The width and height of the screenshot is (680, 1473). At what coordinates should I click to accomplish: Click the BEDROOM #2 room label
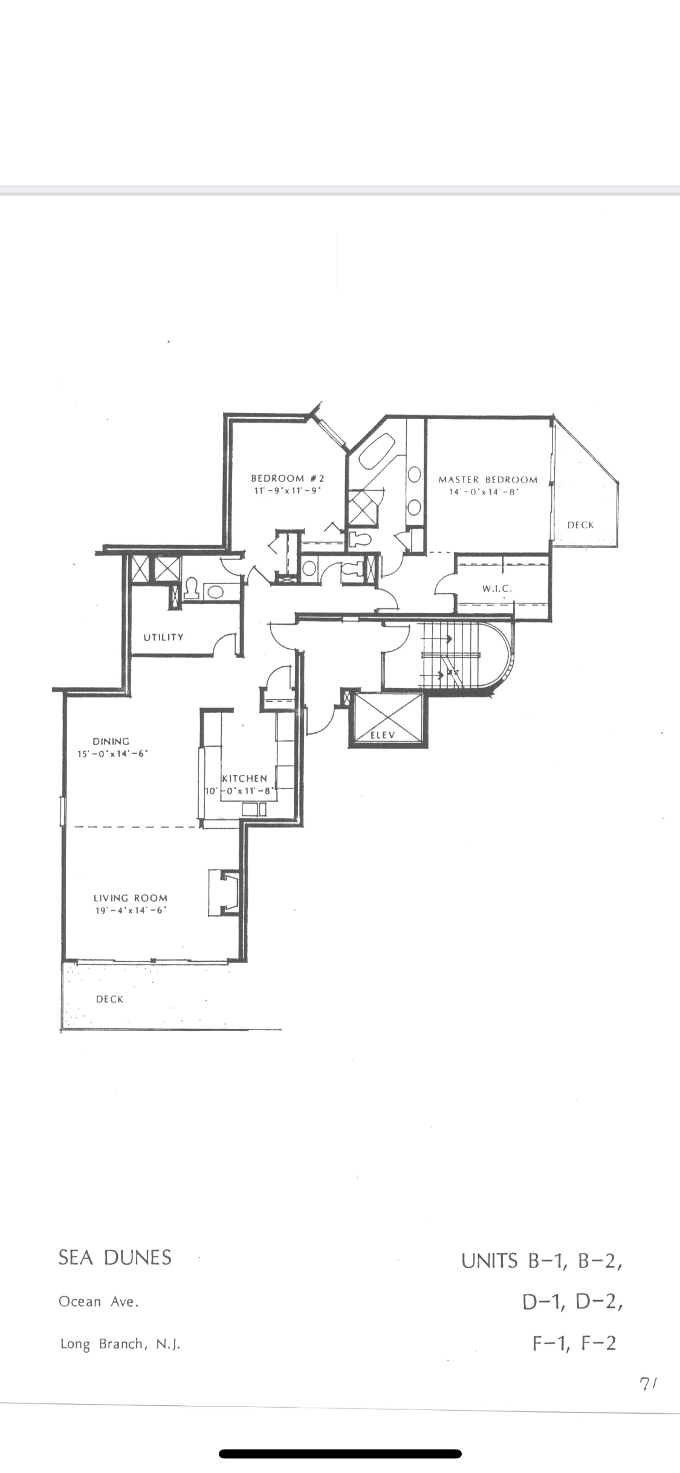(288, 478)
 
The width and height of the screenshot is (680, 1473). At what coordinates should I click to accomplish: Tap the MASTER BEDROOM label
(488, 480)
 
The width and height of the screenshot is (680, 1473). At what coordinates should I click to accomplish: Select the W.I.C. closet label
(497, 588)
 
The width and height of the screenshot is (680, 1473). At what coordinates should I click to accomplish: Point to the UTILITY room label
(163, 637)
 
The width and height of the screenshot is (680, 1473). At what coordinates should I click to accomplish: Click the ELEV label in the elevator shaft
(382, 735)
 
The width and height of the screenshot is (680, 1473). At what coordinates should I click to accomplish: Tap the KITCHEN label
(245, 778)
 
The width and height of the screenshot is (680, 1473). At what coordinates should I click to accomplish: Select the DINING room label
(111, 741)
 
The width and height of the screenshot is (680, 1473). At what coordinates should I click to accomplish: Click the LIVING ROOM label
(131, 898)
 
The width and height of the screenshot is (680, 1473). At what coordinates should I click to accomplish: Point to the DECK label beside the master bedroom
(581, 525)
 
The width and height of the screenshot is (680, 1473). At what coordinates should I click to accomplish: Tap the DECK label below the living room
(109, 999)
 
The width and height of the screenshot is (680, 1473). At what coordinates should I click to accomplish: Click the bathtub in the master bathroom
(377, 451)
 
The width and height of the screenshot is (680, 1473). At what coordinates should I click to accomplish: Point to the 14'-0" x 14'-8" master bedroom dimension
(484, 492)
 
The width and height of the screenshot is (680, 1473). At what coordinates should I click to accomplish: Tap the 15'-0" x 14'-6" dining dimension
(113, 753)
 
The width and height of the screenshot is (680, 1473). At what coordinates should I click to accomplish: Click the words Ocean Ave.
(99, 1302)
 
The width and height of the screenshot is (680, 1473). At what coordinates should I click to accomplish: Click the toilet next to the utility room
(191, 588)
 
